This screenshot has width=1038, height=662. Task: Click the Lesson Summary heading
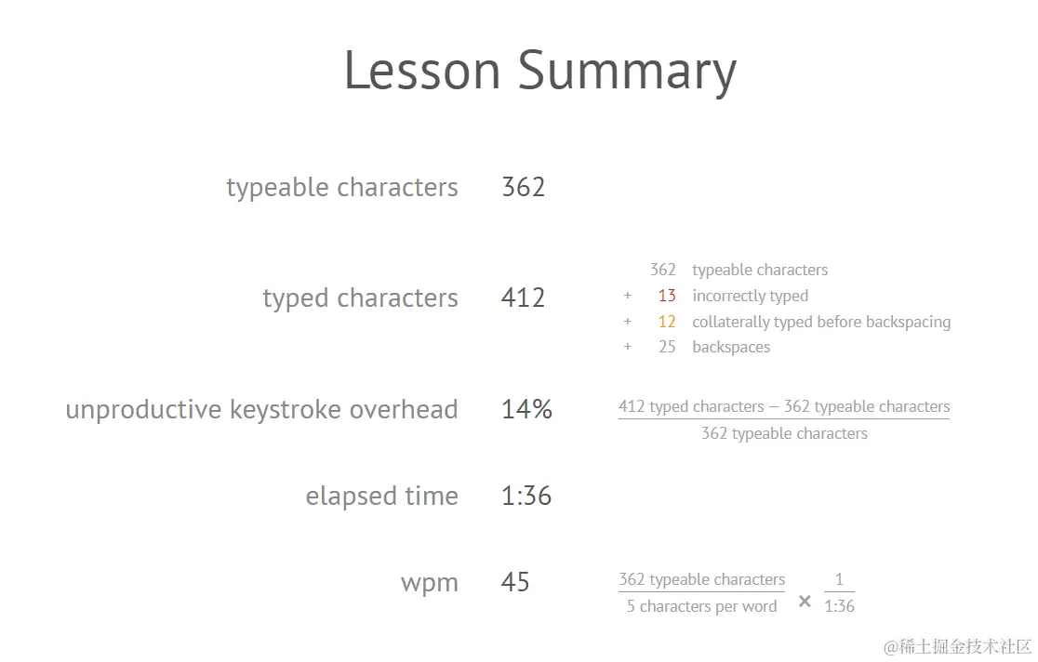540,72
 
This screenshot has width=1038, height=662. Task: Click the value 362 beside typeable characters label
523,187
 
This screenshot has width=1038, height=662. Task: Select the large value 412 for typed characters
523,298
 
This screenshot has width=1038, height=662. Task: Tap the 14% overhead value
526,409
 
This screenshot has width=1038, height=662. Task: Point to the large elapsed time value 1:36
526,496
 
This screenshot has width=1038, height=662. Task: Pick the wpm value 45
515,583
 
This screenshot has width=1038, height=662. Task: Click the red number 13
667,296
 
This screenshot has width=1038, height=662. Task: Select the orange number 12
667,322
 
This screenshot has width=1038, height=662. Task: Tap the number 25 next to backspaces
667,347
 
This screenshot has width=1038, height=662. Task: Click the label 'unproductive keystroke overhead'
261,410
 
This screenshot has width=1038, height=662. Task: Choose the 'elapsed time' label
382,496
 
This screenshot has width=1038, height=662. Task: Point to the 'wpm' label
430,584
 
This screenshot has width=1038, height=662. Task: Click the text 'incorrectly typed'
750,296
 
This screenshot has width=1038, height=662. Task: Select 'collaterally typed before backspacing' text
821,322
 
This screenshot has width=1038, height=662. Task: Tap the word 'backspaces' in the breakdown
731,347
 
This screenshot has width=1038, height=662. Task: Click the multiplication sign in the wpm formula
805,601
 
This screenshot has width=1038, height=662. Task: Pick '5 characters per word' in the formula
701,606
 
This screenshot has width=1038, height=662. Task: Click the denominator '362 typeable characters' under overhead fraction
784,433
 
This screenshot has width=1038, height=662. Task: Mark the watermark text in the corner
957,646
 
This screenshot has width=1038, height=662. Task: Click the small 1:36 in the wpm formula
839,606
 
